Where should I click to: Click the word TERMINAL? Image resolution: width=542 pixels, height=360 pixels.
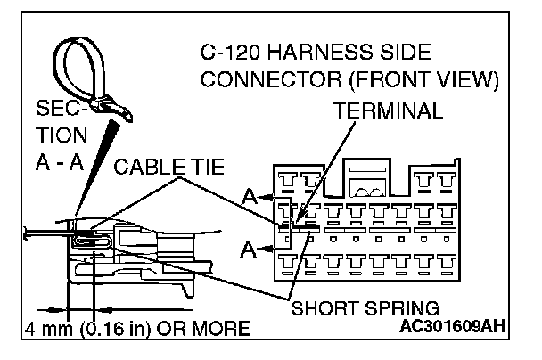(x=387, y=111)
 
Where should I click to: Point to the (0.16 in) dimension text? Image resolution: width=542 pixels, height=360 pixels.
(x=122, y=329)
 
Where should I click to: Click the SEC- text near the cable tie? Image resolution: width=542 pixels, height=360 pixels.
(x=60, y=109)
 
